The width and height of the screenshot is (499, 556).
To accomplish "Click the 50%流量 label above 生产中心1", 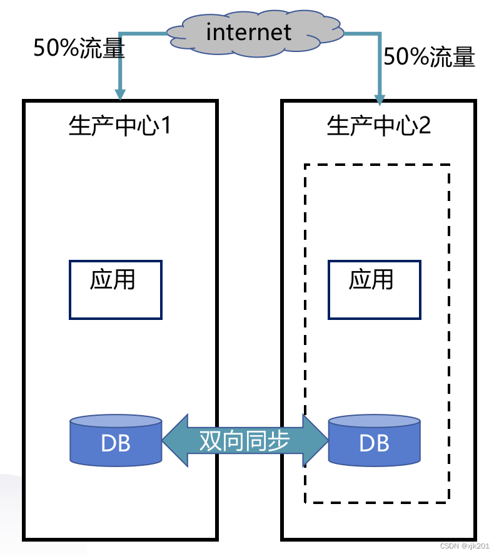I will tap(79, 49).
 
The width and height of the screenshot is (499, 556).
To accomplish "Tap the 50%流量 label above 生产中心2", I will tap(429, 58).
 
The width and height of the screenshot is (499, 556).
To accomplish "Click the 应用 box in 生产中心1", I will tap(115, 290).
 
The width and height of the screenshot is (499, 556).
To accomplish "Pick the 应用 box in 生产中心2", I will tap(374, 290).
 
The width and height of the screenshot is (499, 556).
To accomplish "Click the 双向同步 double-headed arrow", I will tap(245, 441).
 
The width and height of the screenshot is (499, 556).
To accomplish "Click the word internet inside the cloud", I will tap(248, 31).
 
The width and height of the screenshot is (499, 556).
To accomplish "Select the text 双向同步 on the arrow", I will tap(244, 441).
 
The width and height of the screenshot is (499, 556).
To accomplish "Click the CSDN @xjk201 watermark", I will tap(466, 545).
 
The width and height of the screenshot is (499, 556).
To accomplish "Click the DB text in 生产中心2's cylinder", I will tap(374, 443).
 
